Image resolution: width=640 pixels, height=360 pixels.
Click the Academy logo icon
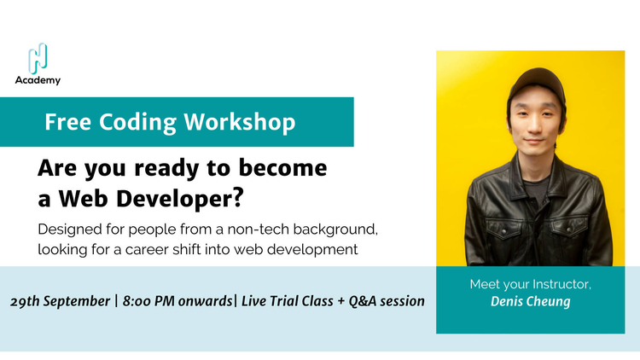pyautogui.click(x=38, y=57)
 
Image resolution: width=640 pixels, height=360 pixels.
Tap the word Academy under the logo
pyautogui.click(x=38, y=80)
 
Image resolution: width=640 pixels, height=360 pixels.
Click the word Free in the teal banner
pyautogui.click(x=67, y=122)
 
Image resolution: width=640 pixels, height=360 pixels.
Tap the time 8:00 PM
pyautogui.click(x=150, y=302)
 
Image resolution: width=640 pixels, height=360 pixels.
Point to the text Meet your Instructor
pyautogui.click(x=530, y=283)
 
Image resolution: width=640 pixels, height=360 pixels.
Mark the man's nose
pyautogui.click(x=535, y=128)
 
